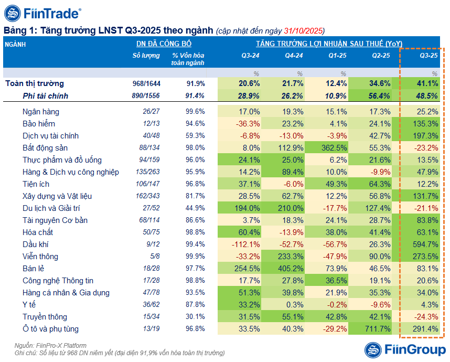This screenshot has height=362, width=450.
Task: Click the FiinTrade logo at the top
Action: click(x=42, y=13)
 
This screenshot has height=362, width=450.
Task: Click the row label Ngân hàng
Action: click(x=40, y=112)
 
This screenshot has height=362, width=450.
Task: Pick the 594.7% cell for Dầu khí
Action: click(x=424, y=244)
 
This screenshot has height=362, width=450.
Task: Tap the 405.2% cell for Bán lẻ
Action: click(x=290, y=269)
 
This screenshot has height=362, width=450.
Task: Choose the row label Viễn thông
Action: click(x=41, y=257)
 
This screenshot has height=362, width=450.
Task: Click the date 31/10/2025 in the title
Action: click(x=304, y=30)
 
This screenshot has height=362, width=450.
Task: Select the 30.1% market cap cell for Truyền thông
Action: click(x=196, y=317)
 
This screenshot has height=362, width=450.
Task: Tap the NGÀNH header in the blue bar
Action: click(x=16, y=45)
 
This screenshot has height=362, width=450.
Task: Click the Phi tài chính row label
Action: click(x=46, y=96)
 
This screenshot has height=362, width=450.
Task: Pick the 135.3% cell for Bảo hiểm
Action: click(x=424, y=124)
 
